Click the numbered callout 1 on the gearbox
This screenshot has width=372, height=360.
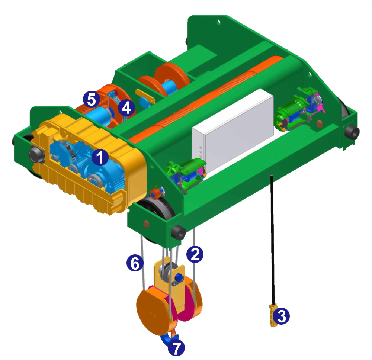coord(100,157)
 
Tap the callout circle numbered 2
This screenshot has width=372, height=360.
coord(195,254)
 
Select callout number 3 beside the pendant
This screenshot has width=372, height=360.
coord(281,316)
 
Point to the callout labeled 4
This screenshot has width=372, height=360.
coord(126,108)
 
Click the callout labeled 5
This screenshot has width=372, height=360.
coord(92,99)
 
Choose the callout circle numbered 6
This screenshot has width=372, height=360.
coord(135,263)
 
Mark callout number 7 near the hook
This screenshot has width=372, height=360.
coord(176,348)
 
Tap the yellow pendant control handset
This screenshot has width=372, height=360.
coord(273,315)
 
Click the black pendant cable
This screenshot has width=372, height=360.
coord(273,240)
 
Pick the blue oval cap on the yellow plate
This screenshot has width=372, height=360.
coord(144,102)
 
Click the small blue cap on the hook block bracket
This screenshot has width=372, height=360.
coord(179,277)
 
